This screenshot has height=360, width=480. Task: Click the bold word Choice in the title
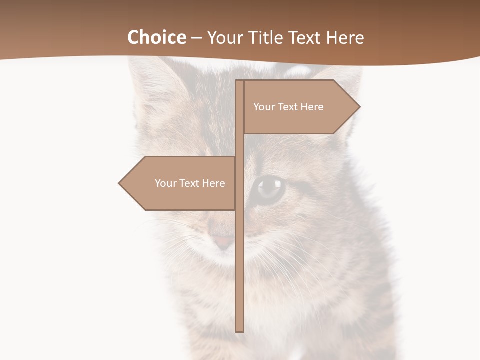(156, 37)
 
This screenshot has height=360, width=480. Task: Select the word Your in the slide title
(223, 38)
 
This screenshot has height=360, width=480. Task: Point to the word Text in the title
(304, 38)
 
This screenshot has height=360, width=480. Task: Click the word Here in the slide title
(345, 38)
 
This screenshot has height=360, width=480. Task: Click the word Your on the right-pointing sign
(263, 107)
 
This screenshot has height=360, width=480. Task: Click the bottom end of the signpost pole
(240, 329)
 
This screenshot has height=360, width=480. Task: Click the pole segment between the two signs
(240, 145)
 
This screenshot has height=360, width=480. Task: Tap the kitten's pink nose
(223, 241)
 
